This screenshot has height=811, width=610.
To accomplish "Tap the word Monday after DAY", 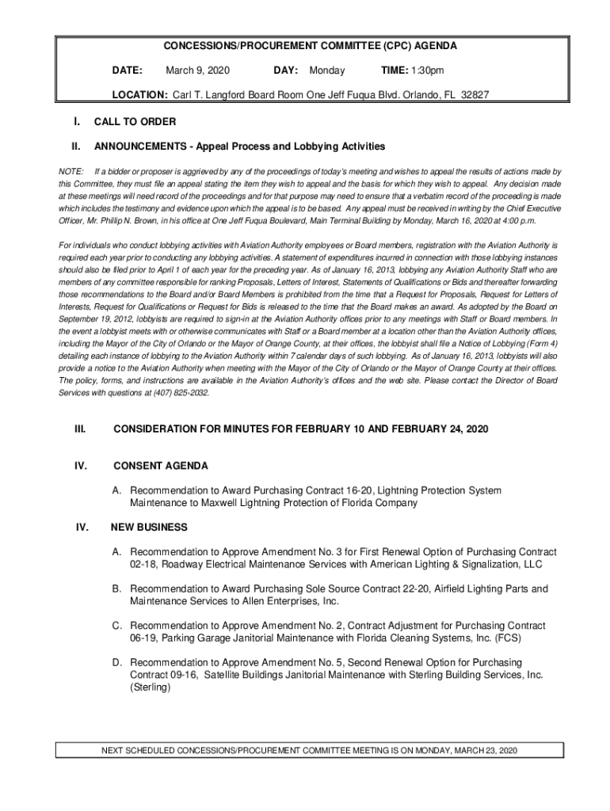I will [x=327, y=71].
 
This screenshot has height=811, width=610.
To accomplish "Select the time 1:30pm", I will [x=426, y=71].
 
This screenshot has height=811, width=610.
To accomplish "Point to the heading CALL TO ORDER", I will [x=135, y=122].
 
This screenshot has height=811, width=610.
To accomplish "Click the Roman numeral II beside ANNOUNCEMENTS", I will [x=76, y=147].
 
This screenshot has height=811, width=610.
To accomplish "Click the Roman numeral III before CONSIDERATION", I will [x=80, y=428].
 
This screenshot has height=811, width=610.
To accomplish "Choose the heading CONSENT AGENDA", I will [x=161, y=466].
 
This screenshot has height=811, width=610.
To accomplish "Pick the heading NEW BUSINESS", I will [x=149, y=527].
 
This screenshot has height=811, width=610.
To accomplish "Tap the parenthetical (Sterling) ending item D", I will [x=151, y=687].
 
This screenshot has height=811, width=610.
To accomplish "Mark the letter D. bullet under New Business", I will [x=116, y=662].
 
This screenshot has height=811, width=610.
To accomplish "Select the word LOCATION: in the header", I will [x=139, y=94].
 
